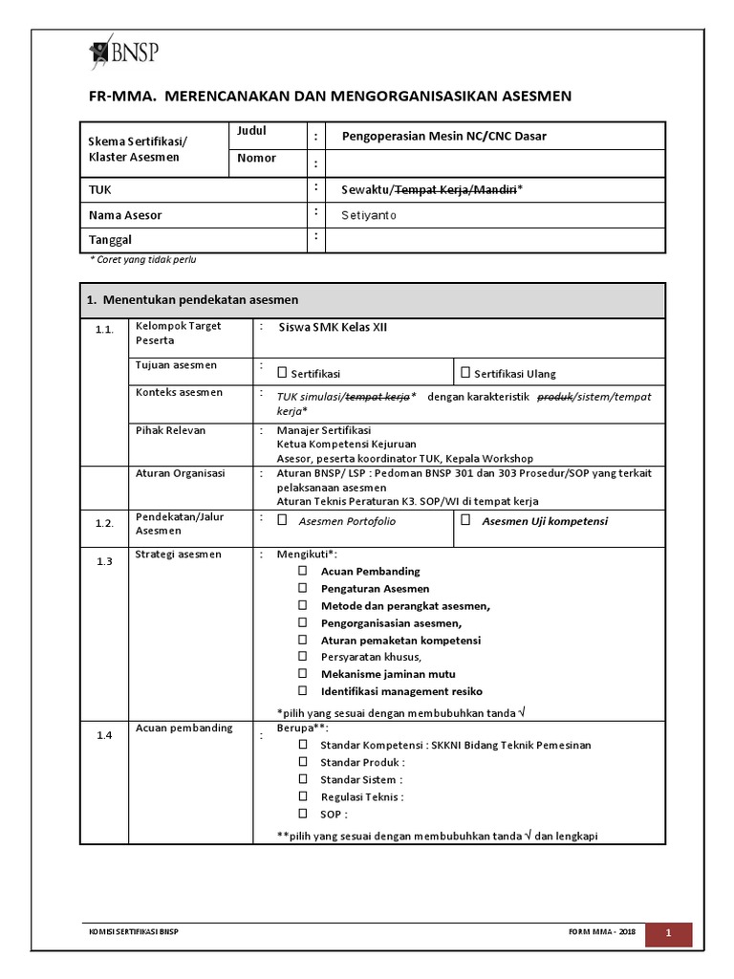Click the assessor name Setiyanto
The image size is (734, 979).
tap(369, 216)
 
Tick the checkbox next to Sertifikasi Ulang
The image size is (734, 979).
tap(465, 373)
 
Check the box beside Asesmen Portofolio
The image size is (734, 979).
tap(282, 521)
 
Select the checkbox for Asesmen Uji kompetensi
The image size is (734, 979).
tap(465, 521)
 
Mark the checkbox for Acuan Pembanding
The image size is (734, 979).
tap(302, 571)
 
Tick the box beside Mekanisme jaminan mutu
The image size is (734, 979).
tap(302, 673)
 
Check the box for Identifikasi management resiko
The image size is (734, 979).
tap(302, 690)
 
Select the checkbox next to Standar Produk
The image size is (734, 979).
tap(302, 762)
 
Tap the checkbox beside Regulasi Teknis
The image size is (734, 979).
tap(302, 796)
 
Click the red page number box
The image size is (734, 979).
tap(669, 932)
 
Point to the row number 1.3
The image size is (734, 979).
tap(104, 561)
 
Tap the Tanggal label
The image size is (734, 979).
tap(110, 240)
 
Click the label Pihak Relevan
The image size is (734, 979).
tap(170, 430)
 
